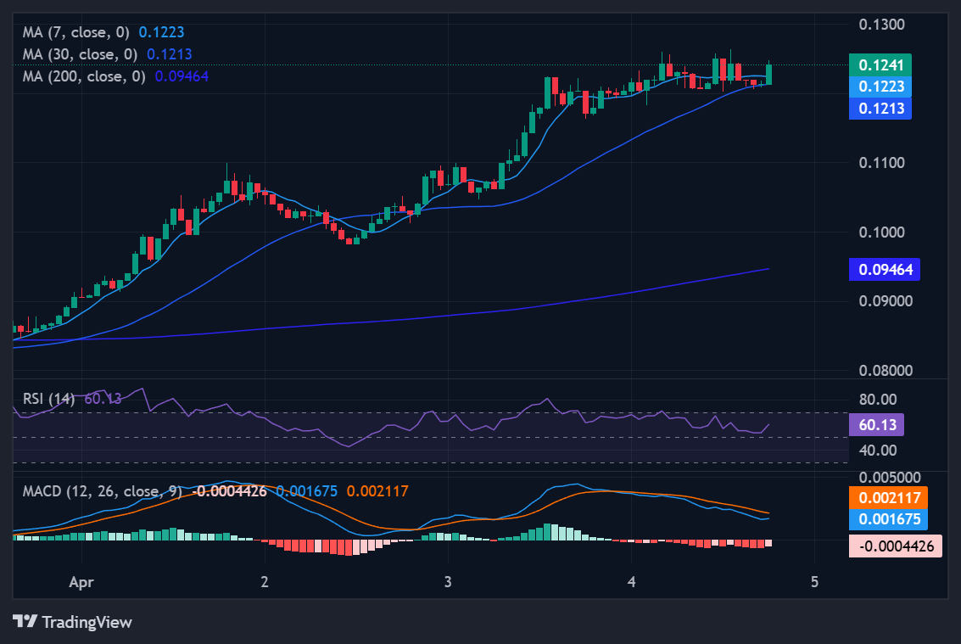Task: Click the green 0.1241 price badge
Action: point(880,65)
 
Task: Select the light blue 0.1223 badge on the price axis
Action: point(880,87)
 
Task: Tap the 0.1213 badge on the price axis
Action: point(880,108)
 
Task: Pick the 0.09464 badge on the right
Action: point(884,270)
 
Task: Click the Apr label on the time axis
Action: point(81,582)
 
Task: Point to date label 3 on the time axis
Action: point(448,582)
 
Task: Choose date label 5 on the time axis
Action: point(814,582)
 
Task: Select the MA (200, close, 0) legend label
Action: point(84,76)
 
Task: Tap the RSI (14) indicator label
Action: point(48,399)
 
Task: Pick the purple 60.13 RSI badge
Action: point(881,424)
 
